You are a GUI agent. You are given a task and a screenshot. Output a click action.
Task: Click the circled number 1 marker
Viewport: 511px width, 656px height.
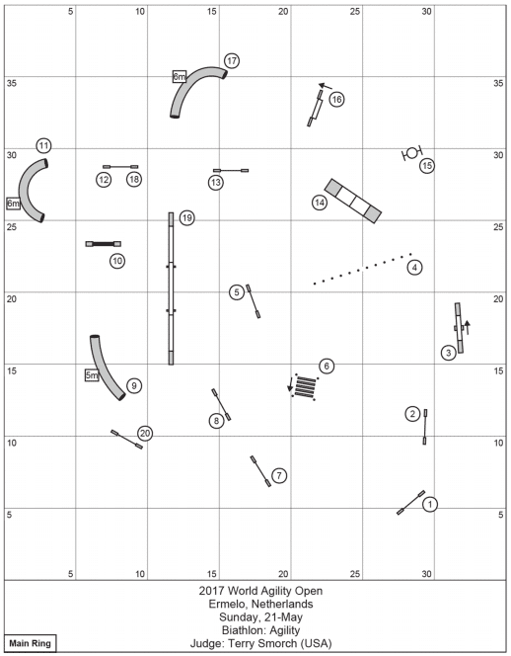pos(430,504)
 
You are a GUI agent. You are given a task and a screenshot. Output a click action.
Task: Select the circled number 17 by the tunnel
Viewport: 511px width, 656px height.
pos(232,60)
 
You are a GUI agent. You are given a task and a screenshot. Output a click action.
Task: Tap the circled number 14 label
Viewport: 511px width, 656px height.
pos(320,203)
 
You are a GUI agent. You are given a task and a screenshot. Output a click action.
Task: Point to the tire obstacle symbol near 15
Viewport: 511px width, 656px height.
pos(412,153)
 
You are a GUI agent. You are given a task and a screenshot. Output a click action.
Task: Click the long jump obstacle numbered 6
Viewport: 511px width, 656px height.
pos(305,386)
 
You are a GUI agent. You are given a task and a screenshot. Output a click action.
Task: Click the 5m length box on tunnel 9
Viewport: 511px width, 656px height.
pos(92,375)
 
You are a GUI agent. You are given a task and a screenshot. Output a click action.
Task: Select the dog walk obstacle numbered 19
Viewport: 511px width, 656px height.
pos(171,288)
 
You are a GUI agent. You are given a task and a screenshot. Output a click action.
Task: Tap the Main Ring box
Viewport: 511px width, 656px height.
pos(30,643)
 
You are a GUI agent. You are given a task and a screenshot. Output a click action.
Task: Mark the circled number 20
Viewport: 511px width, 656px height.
pos(145,434)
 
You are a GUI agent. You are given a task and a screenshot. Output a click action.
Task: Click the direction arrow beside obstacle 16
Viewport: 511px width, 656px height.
pos(326,86)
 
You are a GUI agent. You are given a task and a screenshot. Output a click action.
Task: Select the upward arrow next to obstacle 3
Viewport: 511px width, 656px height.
pos(468,328)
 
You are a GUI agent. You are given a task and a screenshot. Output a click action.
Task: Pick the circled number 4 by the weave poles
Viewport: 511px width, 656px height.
pos(414,268)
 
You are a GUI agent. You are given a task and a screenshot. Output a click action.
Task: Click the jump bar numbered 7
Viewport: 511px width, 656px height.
pos(260,471)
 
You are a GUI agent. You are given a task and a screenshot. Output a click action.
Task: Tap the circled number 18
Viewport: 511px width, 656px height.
pos(134,180)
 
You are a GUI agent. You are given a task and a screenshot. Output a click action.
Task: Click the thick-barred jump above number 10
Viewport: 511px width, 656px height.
pos(104,244)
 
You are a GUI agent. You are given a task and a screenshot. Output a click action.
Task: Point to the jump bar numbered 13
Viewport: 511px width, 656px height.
pos(231,171)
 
